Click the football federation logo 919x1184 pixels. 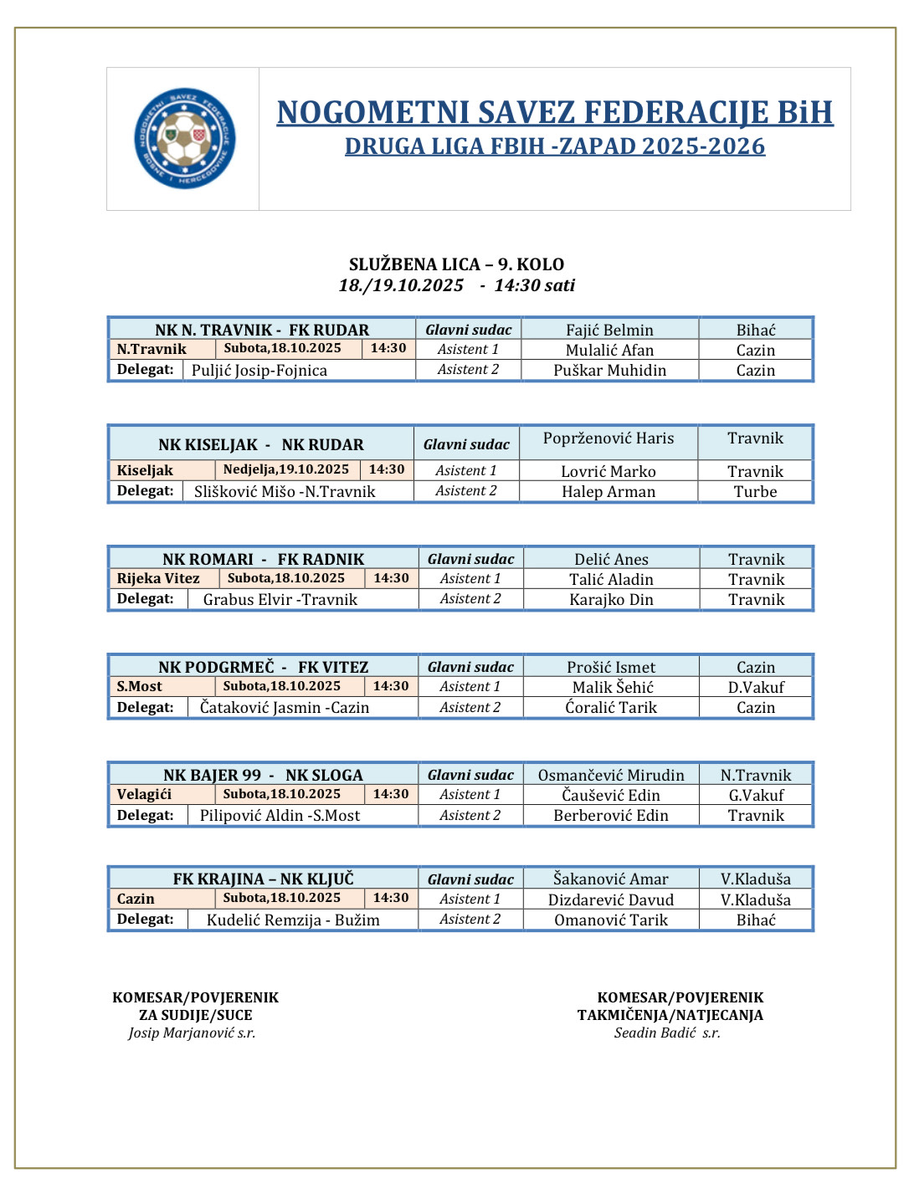184,139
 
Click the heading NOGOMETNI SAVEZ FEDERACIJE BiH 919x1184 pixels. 554,112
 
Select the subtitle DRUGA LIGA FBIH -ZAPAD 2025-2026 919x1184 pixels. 554,146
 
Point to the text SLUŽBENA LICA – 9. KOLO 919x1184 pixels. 456,264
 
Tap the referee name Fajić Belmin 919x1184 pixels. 609,331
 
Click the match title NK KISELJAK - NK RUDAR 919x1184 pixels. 261,445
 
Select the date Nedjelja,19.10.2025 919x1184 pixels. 285,469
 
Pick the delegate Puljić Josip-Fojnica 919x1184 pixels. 259,371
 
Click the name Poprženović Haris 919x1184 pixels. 608,438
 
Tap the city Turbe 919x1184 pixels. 755,492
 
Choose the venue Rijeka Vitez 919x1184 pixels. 158,578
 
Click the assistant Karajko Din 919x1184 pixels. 611,600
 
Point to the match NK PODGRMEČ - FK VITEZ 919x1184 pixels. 263,667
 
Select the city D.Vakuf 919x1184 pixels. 756,688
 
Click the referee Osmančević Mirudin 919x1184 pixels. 611,776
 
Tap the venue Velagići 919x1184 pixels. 144,794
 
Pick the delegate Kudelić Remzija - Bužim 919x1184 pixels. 293,920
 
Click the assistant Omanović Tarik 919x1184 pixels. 611,920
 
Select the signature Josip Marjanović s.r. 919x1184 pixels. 192,1033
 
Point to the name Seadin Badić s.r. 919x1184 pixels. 667,1033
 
